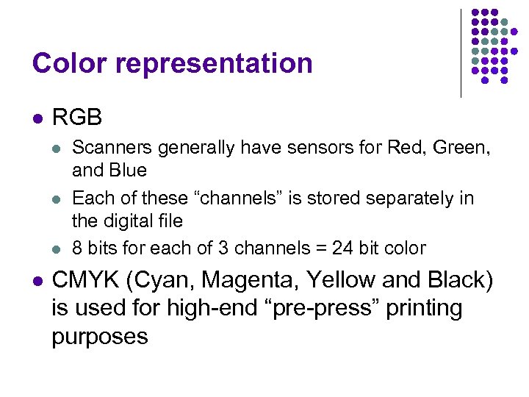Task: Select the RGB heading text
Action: (77, 118)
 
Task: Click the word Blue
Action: (128, 171)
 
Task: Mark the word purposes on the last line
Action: (100, 337)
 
